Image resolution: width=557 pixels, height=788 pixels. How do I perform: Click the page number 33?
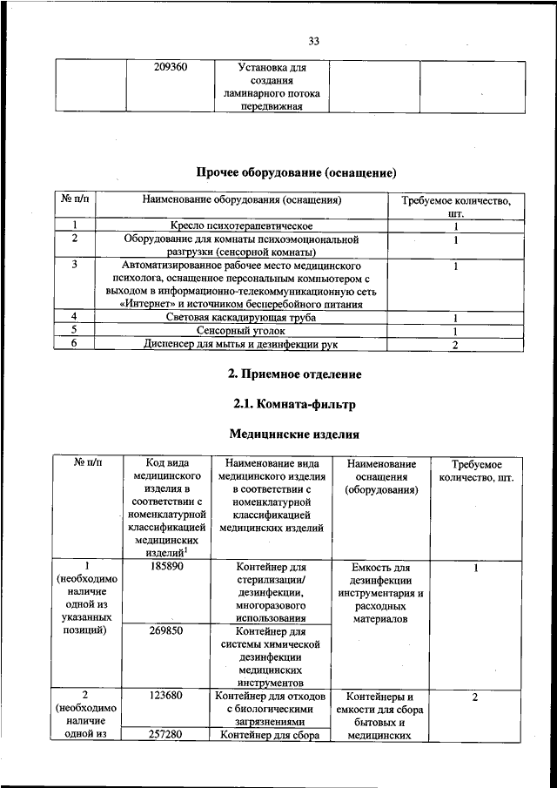pyautogui.click(x=314, y=41)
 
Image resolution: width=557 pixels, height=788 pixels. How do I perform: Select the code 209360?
pyautogui.click(x=171, y=66)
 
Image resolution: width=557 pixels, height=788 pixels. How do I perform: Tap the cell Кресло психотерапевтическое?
pyautogui.click(x=241, y=226)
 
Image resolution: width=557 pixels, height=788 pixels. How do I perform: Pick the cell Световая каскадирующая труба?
pyautogui.click(x=241, y=318)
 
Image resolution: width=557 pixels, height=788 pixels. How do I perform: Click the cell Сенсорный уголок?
pyautogui.click(x=241, y=331)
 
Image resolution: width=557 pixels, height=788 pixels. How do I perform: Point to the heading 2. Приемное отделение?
pyautogui.click(x=294, y=374)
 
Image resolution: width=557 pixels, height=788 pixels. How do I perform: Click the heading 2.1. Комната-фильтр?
pyautogui.click(x=295, y=404)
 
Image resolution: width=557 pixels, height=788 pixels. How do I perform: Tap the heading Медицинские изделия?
pyautogui.click(x=294, y=434)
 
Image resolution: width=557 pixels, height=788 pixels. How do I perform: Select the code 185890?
pyautogui.click(x=164, y=566)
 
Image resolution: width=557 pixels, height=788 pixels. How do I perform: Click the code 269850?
pyautogui.click(x=164, y=630)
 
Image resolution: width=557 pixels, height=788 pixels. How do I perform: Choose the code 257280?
pyautogui.click(x=164, y=736)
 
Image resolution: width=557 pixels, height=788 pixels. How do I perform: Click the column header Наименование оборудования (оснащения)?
pyautogui.click(x=241, y=200)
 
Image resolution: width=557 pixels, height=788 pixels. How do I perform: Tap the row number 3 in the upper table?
pyautogui.click(x=75, y=264)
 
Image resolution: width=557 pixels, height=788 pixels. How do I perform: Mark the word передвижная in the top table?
pyautogui.click(x=271, y=106)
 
